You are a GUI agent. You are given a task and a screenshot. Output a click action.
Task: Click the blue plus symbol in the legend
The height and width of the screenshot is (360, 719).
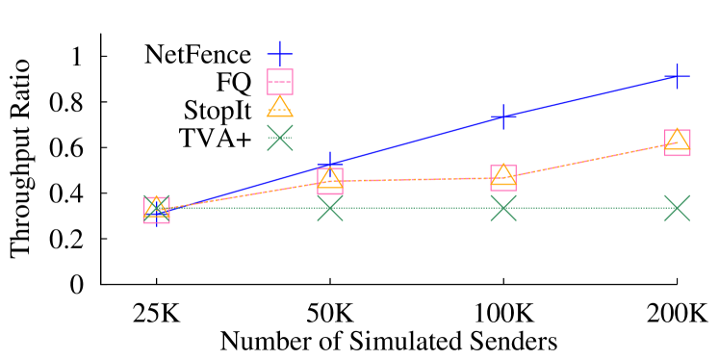[x=279, y=54]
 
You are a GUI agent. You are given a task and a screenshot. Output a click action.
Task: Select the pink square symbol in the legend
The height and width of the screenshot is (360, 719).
[x=279, y=82]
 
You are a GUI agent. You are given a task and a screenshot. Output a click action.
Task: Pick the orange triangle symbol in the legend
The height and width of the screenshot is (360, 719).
[x=279, y=107]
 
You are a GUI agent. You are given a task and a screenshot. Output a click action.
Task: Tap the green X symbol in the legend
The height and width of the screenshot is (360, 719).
[x=279, y=138]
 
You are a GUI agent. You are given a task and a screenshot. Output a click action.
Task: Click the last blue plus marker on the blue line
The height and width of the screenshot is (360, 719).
[x=677, y=76]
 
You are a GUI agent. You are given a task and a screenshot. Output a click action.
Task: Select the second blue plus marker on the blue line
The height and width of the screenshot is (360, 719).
[x=330, y=164]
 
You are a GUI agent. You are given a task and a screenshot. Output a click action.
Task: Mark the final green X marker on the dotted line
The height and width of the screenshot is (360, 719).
[x=677, y=208]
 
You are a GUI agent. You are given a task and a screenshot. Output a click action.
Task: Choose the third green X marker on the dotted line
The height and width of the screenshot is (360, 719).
[x=503, y=208]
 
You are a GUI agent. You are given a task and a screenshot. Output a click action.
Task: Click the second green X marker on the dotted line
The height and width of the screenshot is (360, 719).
[x=330, y=208]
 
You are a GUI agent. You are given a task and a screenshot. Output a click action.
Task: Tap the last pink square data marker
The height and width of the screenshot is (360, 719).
[x=677, y=143]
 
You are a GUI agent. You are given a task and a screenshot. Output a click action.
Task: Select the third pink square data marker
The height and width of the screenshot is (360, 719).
[x=503, y=178]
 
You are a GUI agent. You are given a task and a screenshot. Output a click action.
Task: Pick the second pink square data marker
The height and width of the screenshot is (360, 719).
[x=330, y=181]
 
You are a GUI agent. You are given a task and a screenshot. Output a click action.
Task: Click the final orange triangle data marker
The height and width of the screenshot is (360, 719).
[x=677, y=140]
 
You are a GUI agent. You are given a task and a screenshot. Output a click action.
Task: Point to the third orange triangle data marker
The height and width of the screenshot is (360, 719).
[x=503, y=174]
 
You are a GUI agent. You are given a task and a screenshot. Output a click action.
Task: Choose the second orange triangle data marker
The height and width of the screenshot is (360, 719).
[x=330, y=177]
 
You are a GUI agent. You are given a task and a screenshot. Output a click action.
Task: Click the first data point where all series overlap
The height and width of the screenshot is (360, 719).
[x=157, y=209]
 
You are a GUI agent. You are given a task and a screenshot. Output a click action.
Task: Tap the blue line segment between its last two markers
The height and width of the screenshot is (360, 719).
[x=590, y=96]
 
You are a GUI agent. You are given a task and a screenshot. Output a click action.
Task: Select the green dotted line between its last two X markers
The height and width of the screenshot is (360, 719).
[x=590, y=208]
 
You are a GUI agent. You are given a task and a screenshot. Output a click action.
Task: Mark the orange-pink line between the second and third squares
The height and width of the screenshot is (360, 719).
[x=417, y=179]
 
